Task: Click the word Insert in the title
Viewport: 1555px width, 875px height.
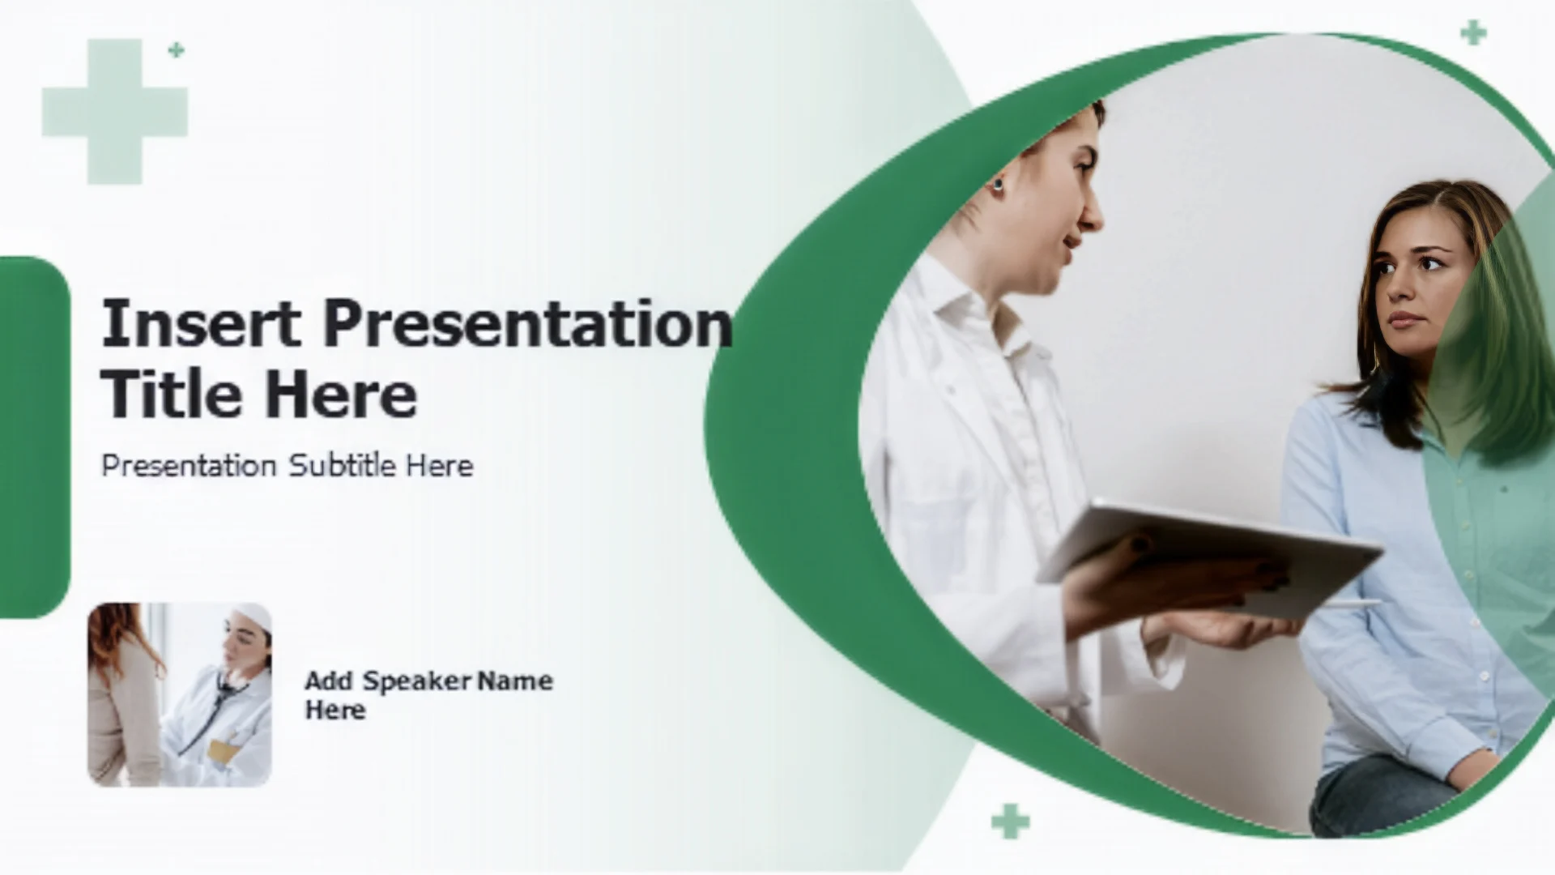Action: coord(201,322)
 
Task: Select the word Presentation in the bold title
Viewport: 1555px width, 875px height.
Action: coord(528,324)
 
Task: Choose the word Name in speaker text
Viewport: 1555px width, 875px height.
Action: coord(515,681)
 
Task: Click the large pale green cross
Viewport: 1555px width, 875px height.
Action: coord(115,111)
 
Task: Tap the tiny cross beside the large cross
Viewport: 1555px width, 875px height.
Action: coord(176,50)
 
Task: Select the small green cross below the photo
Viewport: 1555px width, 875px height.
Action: coord(1010,822)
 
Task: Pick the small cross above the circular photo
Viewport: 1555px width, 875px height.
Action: coord(1473,33)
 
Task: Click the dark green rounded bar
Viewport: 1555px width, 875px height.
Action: coord(34,437)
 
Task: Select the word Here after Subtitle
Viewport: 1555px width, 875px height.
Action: coord(439,465)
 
